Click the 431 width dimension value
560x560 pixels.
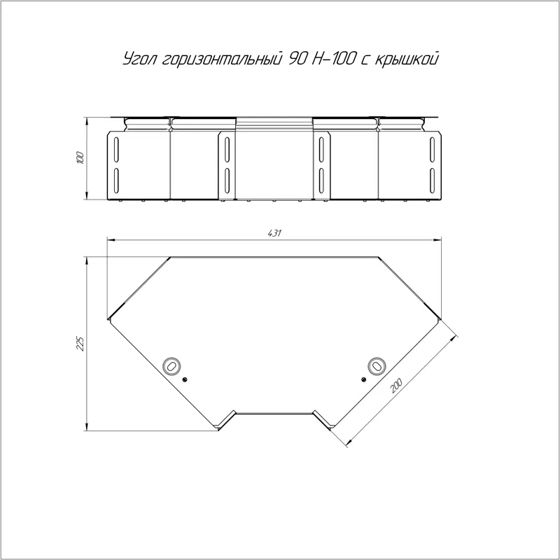274,234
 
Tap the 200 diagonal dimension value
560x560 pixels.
396,386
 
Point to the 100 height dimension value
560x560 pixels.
80,158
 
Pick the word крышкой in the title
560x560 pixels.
407,59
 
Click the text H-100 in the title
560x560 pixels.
333,59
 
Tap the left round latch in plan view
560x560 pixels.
171,366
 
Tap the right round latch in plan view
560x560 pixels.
377,366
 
